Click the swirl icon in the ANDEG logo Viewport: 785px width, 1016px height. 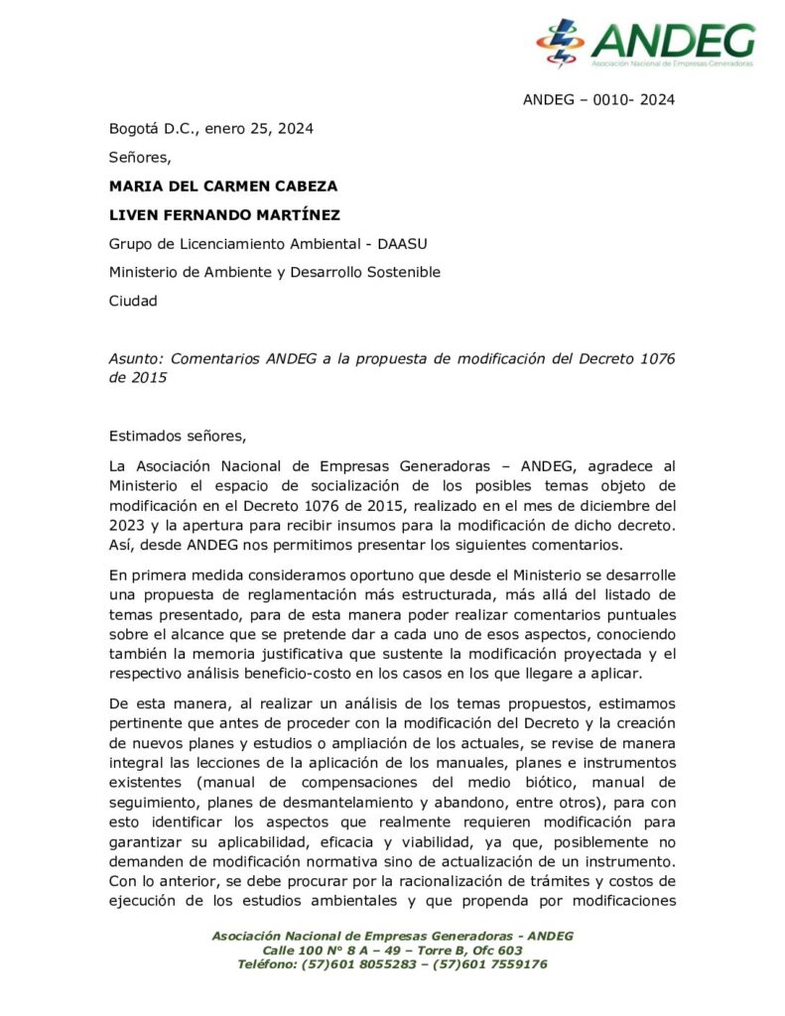(561, 43)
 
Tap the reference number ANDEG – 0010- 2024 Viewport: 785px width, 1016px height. (598, 99)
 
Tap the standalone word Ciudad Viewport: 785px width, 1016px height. (133, 301)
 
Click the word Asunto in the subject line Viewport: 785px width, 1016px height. (134, 358)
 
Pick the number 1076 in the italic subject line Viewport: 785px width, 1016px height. (652, 358)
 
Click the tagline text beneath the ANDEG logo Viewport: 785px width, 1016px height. (672, 63)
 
